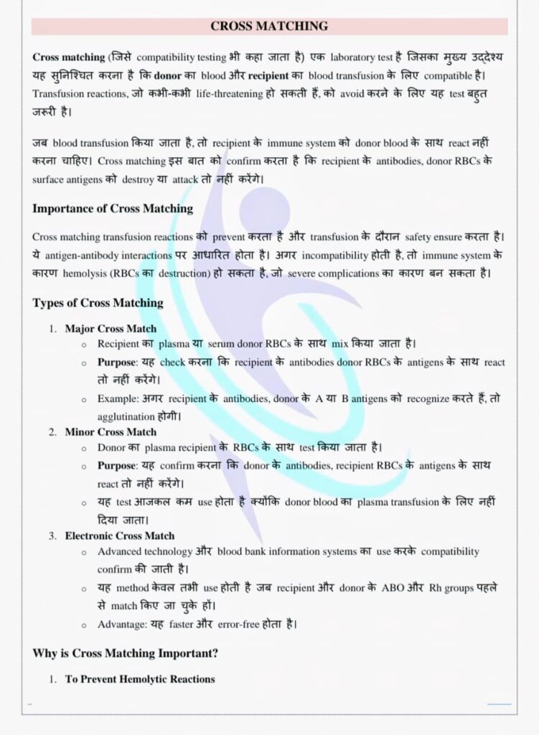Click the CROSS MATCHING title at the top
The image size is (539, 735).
click(x=269, y=27)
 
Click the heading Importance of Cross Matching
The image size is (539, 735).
click(x=113, y=209)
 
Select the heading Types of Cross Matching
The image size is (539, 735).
click(x=98, y=302)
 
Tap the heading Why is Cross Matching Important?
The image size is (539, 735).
click(x=126, y=653)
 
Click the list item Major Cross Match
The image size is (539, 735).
click(x=111, y=329)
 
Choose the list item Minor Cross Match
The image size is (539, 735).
click(x=111, y=432)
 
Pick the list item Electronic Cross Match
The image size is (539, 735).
click(x=119, y=535)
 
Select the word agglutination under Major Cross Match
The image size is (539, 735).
click(x=126, y=416)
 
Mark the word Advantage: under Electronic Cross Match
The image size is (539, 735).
click(x=121, y=624)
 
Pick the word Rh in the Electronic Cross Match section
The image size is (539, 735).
click(x=435, y=587)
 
